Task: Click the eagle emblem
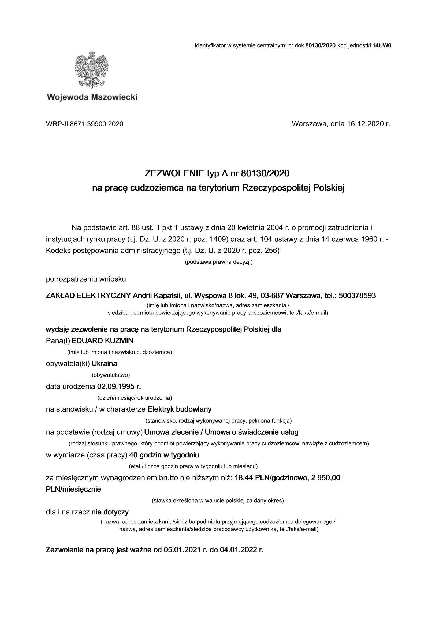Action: pos(92,70)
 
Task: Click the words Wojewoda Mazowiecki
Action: pos(92,97)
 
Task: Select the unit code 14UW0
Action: pos(382,45)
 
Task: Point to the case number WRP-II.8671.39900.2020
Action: pos(85,124)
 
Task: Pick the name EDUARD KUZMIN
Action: pos(103,341)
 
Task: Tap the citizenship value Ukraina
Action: pos(105,363)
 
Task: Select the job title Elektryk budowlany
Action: pos(179,409)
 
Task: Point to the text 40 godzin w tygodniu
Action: pos(164,455)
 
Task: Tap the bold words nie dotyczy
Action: pos(110,512)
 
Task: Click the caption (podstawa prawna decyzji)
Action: pos(219,262)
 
